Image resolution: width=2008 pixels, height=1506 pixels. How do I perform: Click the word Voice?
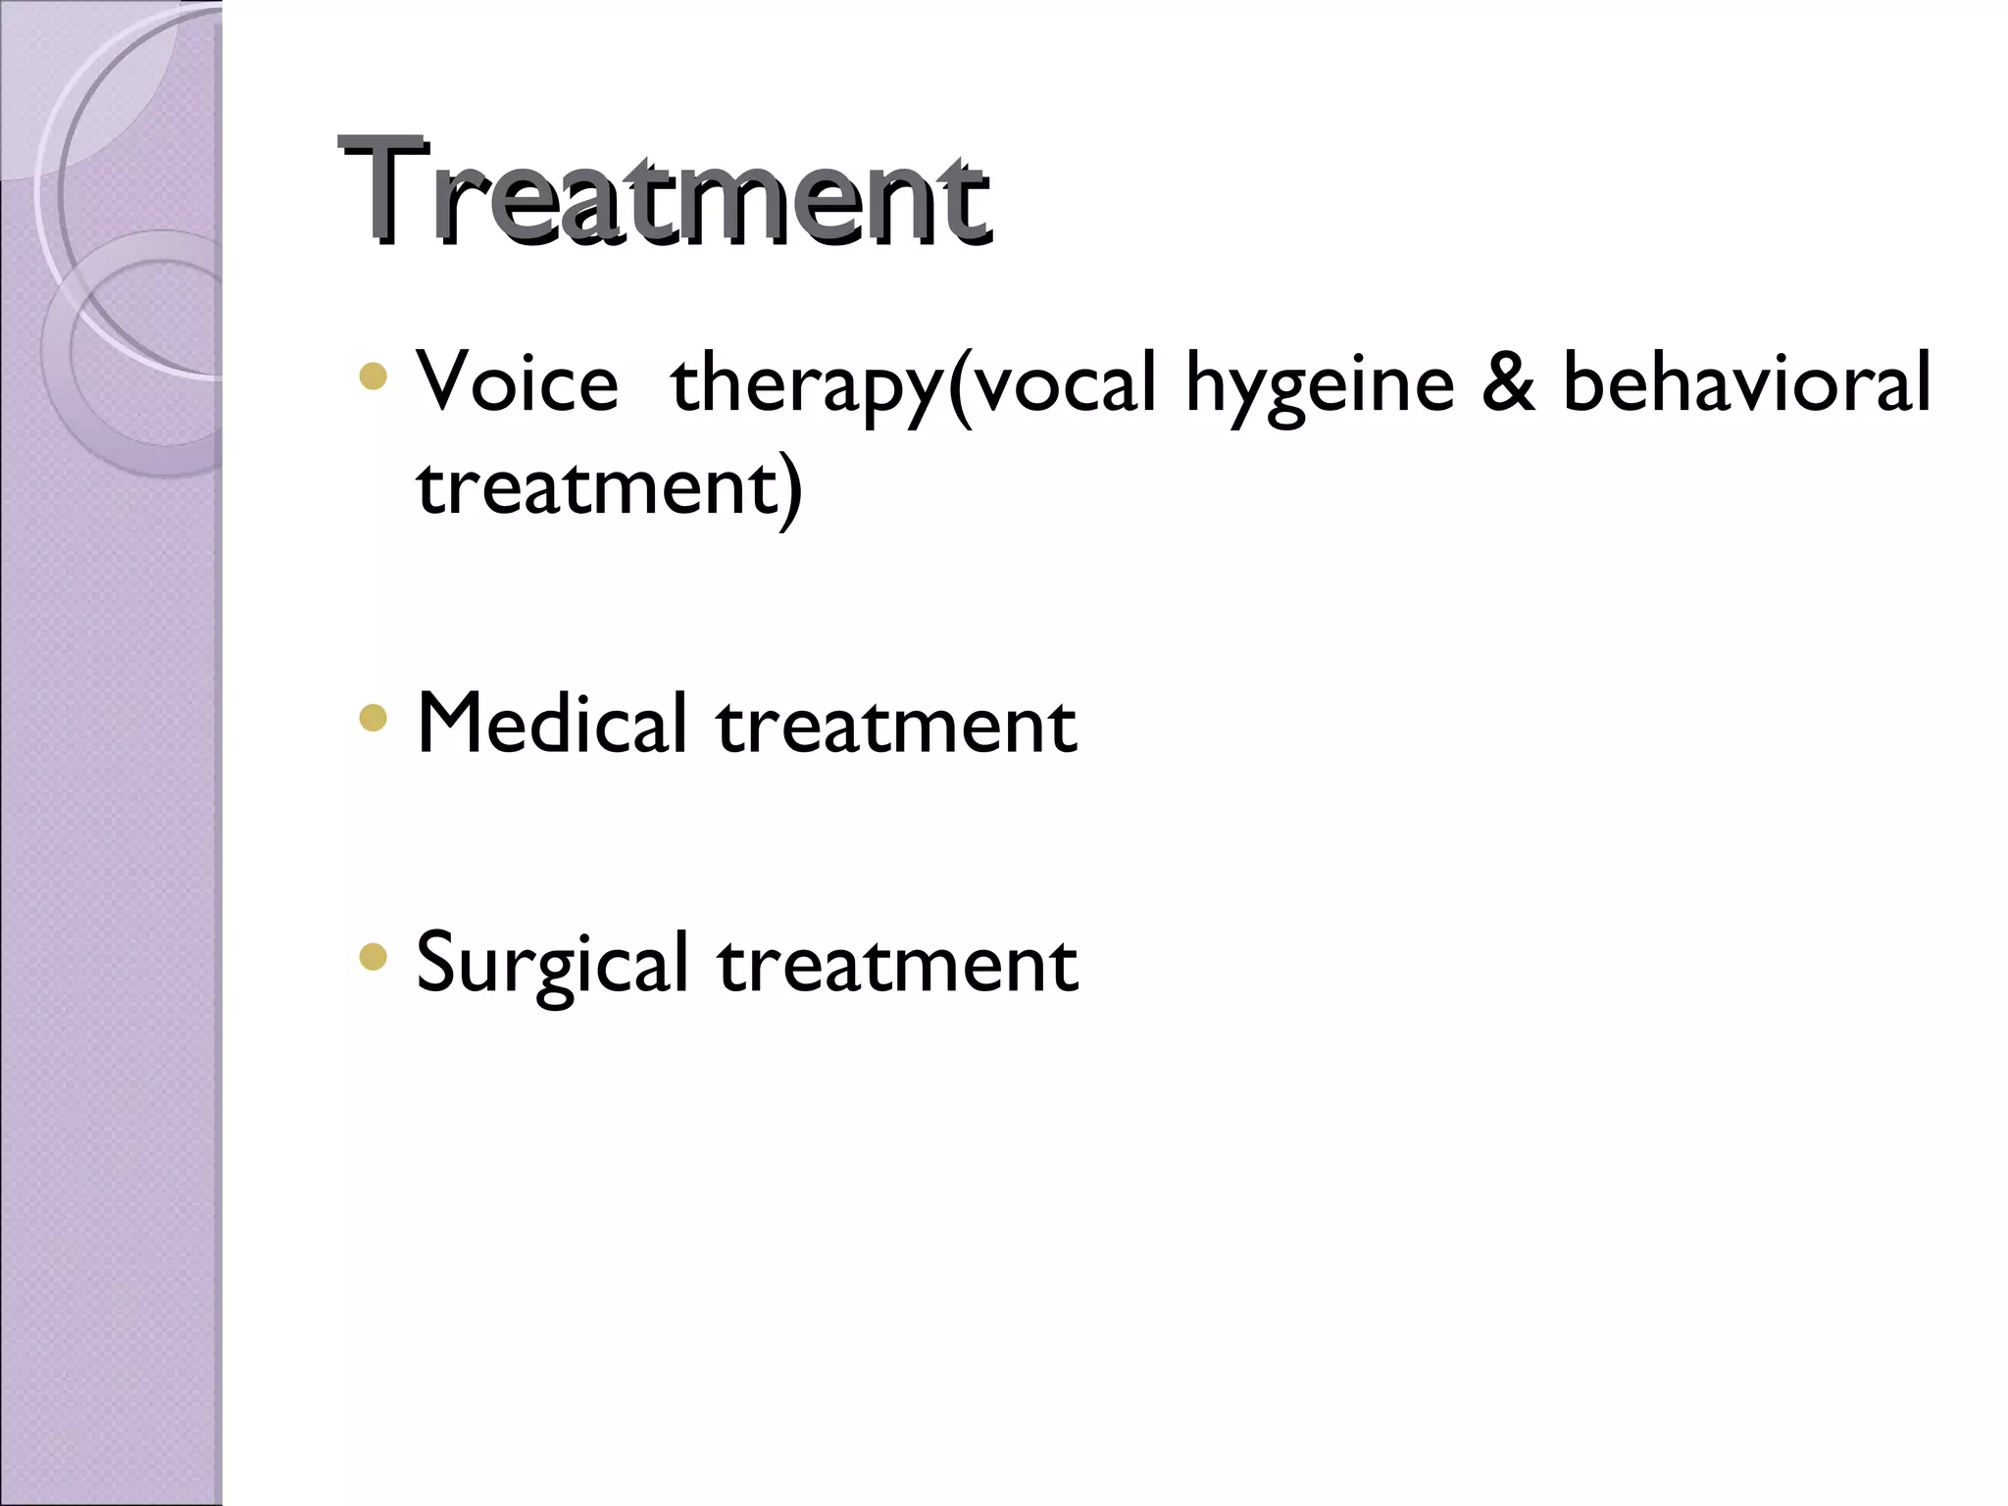tap(517, 382)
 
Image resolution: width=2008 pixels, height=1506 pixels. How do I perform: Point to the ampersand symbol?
tap(1507, 381)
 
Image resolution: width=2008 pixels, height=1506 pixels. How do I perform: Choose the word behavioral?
tap(1745, 381)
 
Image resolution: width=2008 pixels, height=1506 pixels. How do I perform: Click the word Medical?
tap(552, 724)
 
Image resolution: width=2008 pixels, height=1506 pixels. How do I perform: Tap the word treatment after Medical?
tap(896, 726)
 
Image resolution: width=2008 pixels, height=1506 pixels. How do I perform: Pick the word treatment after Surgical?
tap(897, 965)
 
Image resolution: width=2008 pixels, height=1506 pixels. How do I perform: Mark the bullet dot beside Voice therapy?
tap(374, 377)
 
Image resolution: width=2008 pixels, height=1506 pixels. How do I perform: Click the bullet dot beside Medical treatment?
tap(374, 719)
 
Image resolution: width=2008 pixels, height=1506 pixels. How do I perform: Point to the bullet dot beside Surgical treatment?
tap(374, 957)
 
